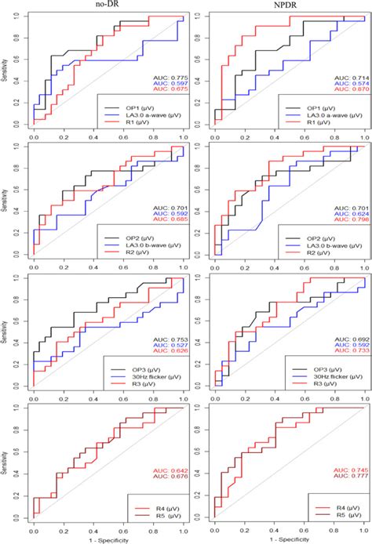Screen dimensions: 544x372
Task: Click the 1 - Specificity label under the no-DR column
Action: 107,539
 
